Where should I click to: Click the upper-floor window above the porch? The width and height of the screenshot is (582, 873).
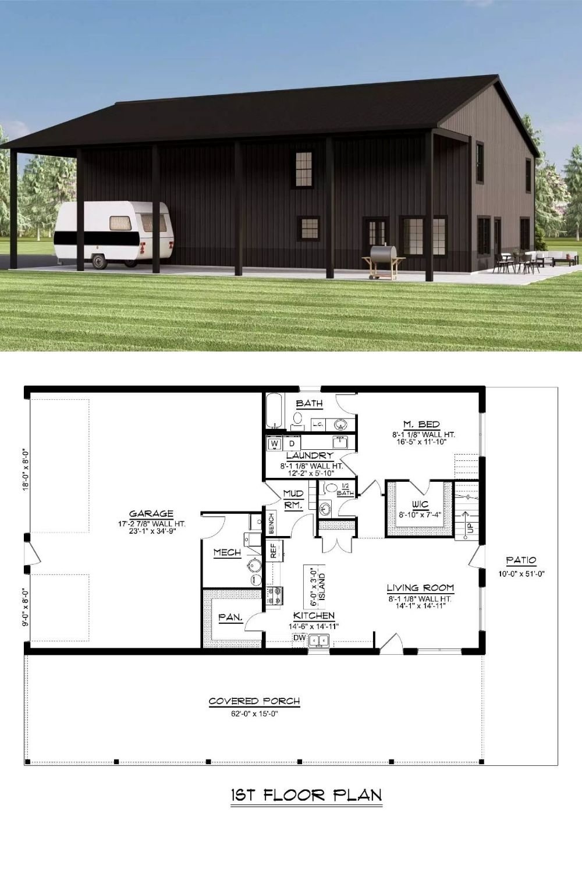click(x=304, y=169)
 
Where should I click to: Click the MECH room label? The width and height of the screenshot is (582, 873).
click(x=226, y=552)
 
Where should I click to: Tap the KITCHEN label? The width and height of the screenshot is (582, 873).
click(x=314, y=615)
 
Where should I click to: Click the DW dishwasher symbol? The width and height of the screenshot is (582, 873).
click(x=300, y=638)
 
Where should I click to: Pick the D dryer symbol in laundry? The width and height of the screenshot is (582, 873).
click(x=292, y=444)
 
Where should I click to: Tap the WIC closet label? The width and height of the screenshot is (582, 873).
click(x=420, y=503)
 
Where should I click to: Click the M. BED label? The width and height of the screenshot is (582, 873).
click(x=421, y=424)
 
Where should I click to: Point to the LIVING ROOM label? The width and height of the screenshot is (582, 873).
click(x=420, y=588)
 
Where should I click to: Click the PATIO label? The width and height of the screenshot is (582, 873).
click(x=521, y=560)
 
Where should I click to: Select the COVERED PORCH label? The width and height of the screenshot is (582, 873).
click(x=254, y=701)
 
